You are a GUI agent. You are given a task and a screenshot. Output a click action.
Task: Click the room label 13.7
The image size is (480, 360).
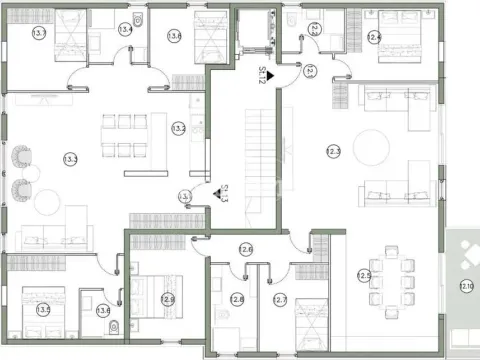(39, 33)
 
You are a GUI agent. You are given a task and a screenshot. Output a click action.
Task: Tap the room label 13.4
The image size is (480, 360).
(126, 29)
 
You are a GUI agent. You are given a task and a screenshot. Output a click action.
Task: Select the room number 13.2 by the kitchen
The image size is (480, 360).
(179, 128)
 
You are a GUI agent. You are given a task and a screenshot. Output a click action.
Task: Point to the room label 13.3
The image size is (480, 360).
(71, 159)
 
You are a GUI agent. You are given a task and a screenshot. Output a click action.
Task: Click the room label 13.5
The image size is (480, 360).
(43, 310)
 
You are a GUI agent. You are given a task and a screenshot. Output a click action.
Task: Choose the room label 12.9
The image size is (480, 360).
(167, 299)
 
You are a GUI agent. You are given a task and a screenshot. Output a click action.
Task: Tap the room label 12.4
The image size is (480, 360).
(373, 37)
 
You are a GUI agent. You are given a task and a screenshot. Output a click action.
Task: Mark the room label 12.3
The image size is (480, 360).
(333, 151)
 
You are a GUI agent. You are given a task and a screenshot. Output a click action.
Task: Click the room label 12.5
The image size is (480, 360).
(365, 275)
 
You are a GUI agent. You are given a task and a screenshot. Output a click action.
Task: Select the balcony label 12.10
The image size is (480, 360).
(466, 286)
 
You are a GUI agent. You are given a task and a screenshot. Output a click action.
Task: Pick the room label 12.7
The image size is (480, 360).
(280, 299)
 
